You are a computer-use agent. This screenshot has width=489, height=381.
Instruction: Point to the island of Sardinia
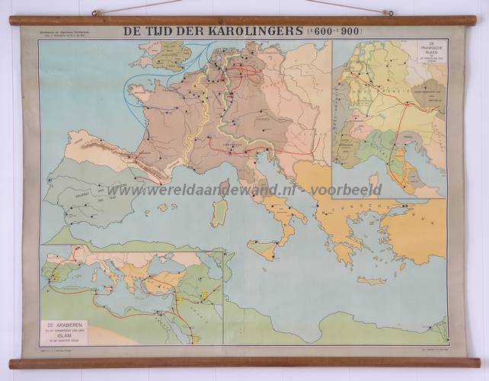click(219, 212)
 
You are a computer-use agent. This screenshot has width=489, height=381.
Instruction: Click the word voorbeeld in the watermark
click(350, 190)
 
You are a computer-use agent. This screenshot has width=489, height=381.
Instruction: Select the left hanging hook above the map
click(97, 12)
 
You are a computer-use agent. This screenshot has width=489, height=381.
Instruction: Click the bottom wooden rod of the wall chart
click(244, 362)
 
